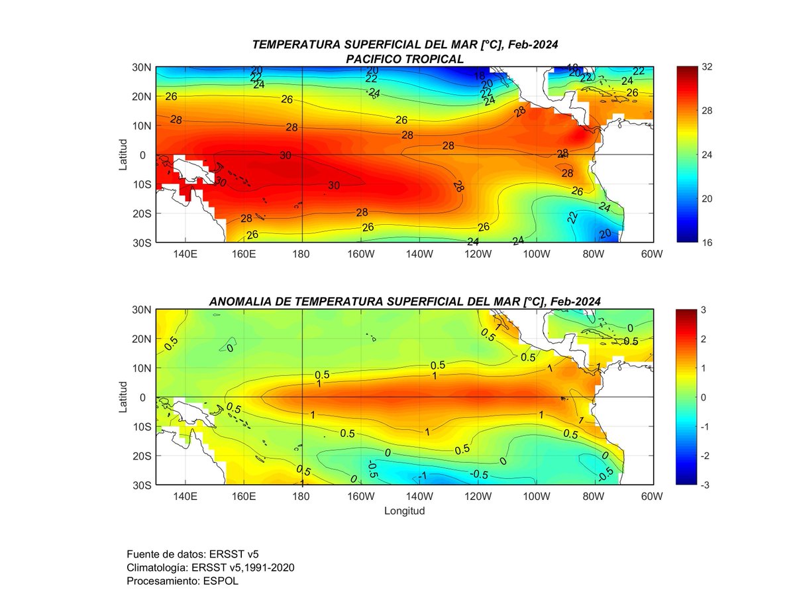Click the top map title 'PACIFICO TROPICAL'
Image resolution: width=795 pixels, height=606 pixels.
tap(404, 59)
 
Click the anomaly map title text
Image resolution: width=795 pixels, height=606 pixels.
tap(404, 301)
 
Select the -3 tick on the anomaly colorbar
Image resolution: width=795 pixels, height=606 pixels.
tap(707, 485)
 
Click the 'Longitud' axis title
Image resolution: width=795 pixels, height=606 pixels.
tap(404, 511)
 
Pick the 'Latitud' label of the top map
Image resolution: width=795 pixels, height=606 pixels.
tap(123, 154)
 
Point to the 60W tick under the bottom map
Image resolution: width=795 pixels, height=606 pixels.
tap(653, 497)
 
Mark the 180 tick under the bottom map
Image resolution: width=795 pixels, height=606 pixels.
tap(301, 497)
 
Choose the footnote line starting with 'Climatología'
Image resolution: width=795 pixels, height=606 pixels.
tap(210, 568)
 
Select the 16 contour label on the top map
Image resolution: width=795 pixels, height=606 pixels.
tap(480, 76)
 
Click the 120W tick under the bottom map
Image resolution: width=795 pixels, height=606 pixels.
tap(478, 497)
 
